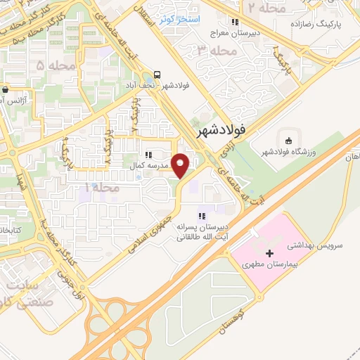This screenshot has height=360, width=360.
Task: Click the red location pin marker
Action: [181, 165]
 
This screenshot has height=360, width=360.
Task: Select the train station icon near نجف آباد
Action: [157, 76]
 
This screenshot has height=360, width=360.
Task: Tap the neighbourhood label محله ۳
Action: [214, 51]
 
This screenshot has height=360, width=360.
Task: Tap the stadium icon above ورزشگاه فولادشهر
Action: [286, 139]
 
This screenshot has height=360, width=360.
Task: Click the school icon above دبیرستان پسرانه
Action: [202, 216]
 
